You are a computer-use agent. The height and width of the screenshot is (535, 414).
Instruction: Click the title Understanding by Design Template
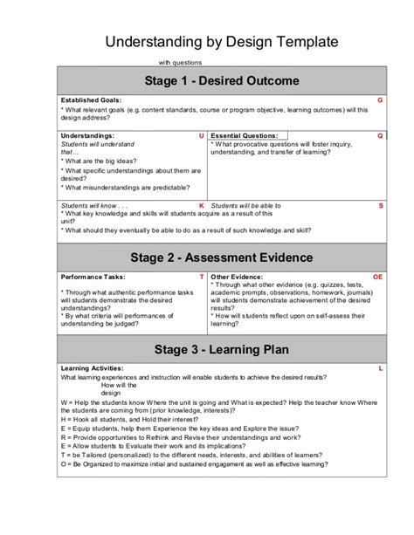click(222, 42)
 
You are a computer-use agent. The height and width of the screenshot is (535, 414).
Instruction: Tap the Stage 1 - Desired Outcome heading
click(222, 81)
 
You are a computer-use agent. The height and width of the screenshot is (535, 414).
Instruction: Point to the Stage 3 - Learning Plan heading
click(221, 350)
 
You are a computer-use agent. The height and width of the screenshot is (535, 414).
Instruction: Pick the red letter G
click(380, 100)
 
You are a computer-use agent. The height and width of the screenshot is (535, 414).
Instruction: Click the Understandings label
click(87, 136)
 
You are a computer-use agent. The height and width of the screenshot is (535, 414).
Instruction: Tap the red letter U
click(202, 136)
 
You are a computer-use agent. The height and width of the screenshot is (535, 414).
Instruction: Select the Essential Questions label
click(245, 136)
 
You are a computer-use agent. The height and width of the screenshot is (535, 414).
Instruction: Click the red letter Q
click(380, 136)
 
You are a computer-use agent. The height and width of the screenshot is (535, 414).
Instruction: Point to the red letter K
click(202, 205)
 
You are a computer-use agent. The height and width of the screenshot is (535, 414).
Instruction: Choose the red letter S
click(381, 205)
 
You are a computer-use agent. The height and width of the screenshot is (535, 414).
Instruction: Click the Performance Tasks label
click(92, 276)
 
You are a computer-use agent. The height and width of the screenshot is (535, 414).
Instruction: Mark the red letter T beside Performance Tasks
click(202, 276)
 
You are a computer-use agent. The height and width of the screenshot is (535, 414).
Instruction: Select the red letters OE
click(378, 276)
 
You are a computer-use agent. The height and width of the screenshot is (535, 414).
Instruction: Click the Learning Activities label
click(92, 368)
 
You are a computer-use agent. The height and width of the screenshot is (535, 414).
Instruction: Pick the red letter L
click(381, 368)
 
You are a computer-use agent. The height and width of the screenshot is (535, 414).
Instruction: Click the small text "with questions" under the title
click(180, 63)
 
